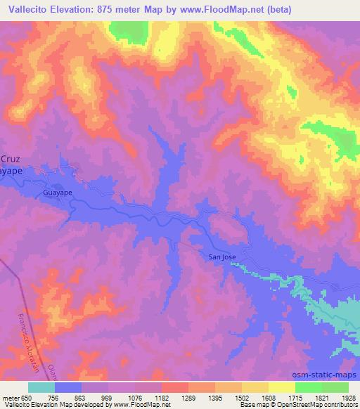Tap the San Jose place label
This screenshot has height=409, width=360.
coord(221,257)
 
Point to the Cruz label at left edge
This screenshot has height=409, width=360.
coord(8,159)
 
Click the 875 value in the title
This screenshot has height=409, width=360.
coord(106,10)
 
